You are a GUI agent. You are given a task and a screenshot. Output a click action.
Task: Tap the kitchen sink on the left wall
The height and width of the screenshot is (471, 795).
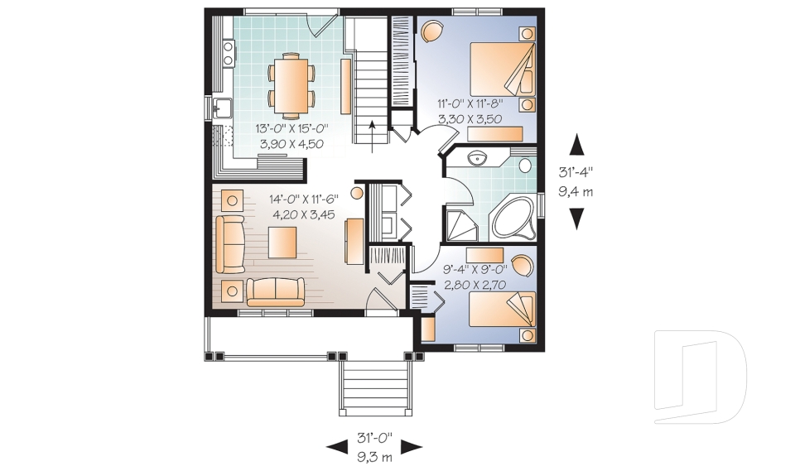[222, 108]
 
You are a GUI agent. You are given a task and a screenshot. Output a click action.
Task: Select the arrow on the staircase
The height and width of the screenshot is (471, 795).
[373, 137]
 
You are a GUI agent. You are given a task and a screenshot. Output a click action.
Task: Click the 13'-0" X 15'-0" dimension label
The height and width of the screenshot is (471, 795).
[291, 127]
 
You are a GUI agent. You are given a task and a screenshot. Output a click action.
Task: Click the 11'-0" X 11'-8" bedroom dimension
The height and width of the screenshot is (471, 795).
[470, 104]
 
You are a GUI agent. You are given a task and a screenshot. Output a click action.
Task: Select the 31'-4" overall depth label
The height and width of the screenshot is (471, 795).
[576, 173]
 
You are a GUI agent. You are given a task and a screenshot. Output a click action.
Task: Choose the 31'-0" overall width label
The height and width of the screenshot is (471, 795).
[374, 436]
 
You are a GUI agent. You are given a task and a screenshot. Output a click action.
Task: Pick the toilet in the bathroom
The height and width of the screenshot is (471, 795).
[526, 164]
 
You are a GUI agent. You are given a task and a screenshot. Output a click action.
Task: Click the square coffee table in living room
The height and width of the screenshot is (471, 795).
[282, 243]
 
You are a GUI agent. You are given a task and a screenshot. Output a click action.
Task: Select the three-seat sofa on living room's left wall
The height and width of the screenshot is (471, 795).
[230, 244]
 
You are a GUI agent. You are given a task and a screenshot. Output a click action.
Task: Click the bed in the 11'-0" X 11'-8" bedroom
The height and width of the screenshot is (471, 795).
[503, 69]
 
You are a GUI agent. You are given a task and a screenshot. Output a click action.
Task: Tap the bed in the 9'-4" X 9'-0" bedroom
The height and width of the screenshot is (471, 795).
[502, 309]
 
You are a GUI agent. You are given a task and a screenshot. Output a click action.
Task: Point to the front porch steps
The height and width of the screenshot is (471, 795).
[375, 389]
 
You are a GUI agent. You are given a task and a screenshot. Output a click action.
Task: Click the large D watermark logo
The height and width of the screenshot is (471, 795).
[701, 376]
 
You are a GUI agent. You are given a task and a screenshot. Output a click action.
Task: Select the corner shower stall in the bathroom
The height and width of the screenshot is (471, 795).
[461, 225]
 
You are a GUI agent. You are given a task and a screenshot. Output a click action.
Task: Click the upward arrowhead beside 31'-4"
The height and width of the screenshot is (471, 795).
[577, 144]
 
